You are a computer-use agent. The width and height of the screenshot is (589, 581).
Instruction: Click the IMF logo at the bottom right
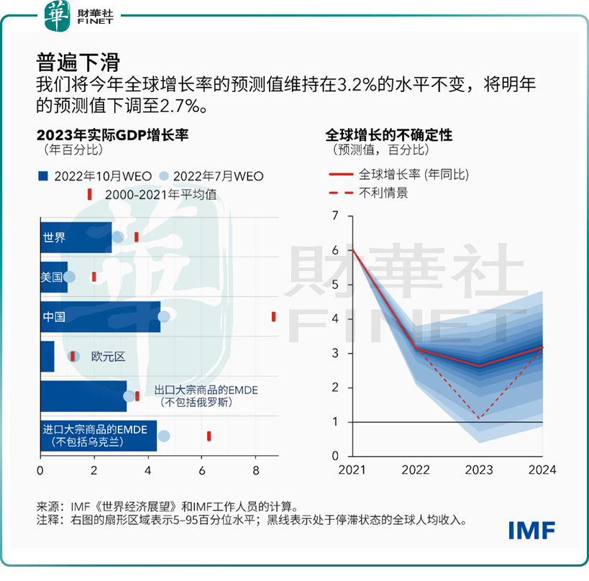point(531,530)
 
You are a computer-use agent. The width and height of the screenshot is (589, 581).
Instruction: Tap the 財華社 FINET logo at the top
point(79,15)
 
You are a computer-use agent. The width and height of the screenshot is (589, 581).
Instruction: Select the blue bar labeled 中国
point(100,316)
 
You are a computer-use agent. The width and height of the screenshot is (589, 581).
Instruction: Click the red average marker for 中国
point(273,316)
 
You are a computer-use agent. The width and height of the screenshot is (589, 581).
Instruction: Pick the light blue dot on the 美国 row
point(69,277)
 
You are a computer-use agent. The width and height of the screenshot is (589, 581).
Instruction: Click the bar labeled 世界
point(76,237)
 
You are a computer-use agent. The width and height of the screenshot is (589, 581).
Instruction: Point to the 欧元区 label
point(108,357)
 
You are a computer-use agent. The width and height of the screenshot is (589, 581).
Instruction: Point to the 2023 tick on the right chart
point(480,470)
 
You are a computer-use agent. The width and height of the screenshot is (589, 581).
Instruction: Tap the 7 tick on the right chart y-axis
point(334,216)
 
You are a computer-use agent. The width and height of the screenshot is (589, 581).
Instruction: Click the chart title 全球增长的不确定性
point(389,134)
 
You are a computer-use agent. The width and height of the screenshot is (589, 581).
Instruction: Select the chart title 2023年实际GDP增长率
point(112,134)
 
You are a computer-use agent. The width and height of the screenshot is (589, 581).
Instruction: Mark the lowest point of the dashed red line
point(480,418)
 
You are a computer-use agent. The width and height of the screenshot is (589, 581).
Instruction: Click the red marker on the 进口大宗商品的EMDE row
point(209,436)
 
